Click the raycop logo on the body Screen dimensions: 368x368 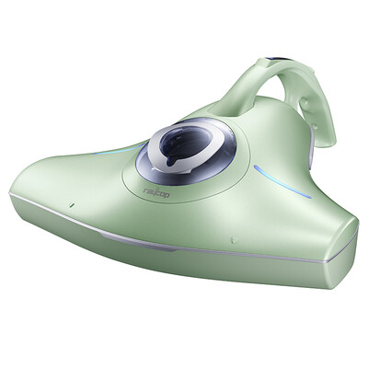pos(156,193)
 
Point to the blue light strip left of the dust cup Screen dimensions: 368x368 pos(117,150)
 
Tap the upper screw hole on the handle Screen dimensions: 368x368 pos(304,102)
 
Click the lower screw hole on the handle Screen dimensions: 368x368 pos(314,126)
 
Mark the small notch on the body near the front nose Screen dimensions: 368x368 pos(71,204)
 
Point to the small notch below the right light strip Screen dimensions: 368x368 pos(234,237)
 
